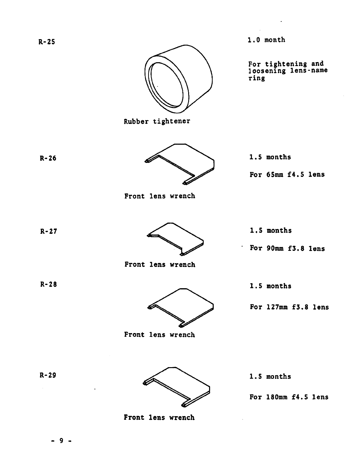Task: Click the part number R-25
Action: (47, 42)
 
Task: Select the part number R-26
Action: (48, 158)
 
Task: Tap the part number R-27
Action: (48, 231)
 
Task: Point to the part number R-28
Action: (48, 284)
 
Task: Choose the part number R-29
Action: (48, 375)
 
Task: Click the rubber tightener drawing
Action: (178, 79)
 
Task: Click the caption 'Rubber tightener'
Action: (157, 121)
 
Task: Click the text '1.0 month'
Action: (266, 40)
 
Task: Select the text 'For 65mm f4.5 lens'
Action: (287, 175)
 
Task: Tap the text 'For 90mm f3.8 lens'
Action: (287, 248)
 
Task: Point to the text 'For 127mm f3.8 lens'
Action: (289, 307)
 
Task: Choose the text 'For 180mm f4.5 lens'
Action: (289, 397)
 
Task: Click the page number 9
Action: (61, 440)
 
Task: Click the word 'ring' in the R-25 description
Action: (257, 78)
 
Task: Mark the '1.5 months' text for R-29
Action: (270, 377)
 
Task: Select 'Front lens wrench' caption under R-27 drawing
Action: (160, 265)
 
